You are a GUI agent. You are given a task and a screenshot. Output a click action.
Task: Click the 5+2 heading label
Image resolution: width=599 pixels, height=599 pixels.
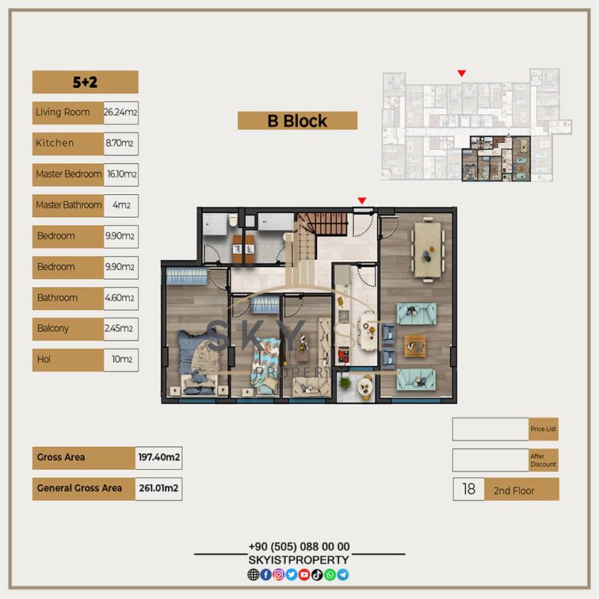pyautogui.click(x=86, y=82)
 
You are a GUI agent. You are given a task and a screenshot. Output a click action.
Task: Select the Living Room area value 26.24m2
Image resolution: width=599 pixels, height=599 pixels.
pyautogui.click(x=120, y=113)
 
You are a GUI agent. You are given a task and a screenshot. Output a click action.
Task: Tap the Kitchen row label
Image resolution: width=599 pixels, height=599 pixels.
pyautogui.click(x=55, y=143)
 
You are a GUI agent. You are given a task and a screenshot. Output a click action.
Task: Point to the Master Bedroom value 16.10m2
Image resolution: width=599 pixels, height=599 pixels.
pyautogui.click(x=122, y=174)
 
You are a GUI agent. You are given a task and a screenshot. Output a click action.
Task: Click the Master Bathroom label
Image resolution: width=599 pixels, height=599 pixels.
pyautogui.click(x=69, y=205)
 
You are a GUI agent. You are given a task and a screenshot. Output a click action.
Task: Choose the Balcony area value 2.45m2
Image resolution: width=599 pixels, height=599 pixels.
pyautogui.click(x=119, y=328)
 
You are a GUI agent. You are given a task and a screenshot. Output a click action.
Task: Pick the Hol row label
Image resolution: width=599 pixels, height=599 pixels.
pyautogui.click(x=44, y=360)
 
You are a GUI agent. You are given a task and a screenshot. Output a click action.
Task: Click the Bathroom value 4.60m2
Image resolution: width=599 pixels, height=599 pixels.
pyautogui.click(x=120, y=298)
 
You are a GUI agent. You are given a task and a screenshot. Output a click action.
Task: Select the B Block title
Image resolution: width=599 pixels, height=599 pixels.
pyautogui.click(x=297, y=121)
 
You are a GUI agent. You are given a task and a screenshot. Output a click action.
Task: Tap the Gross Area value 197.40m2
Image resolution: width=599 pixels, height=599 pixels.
pyautogui.click(x=159, y=457)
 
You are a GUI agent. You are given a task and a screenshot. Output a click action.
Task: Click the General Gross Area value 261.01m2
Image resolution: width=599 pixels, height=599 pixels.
pyautogui.click(x=158, y=488)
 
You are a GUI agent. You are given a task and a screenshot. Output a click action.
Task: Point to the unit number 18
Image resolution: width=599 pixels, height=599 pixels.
pyautogui.click(x=469, y=489)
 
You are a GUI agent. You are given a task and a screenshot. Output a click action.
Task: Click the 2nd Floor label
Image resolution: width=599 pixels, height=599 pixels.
pyautogui.click(x=513, y=491)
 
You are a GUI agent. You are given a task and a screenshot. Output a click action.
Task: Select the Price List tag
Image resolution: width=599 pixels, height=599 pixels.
pyautogui.click(x=544, y=429)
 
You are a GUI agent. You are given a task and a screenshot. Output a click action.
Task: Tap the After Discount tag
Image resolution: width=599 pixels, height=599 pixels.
pyautogui.click(x=544, y=460)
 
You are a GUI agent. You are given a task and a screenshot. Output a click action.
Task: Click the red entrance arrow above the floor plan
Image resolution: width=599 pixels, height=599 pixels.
pyautogui.click(x=362, y=200)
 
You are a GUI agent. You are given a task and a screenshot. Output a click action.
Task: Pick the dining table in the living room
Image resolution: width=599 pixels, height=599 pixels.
pyautogui.click(x=428, y=250)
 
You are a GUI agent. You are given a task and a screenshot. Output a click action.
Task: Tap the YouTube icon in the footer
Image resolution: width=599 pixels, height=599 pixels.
pyautogui.click(x=304, y=574)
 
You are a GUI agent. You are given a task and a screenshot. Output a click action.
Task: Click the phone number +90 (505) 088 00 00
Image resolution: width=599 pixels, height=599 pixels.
pyautogui.click(x=299, y=547)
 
